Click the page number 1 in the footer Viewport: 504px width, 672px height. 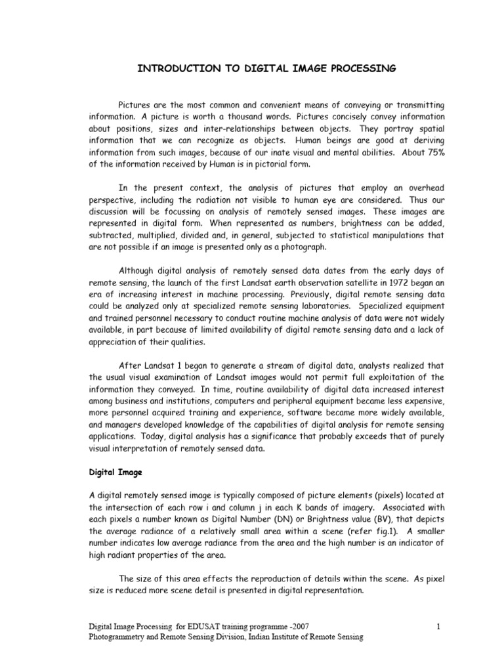[438, 628]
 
